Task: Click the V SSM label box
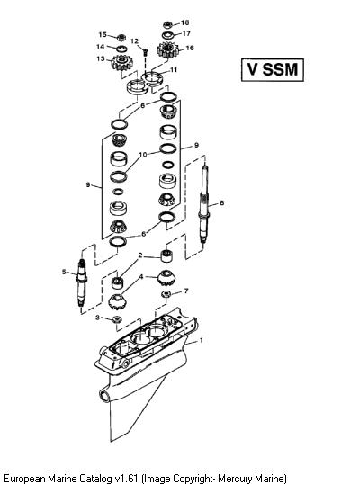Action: [x=273, y=70]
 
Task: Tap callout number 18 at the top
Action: [x=184, y=22]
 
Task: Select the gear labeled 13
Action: [x=120, y=62]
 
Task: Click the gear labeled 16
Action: [x=167, y=50]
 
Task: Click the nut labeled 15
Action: [x=121, y=38]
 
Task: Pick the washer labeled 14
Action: [x=121, y=49]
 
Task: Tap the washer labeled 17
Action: [x=168, y=34]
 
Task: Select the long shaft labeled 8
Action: [x=204, y=204]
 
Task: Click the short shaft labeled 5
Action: [x=82, y=282]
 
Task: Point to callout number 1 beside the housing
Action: [x=202, y=340]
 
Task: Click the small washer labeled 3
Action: [x=116, y=319]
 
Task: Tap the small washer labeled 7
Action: [x=166, y=293]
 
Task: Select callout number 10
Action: [x=143, y=155]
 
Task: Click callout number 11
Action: [x=174, y=70]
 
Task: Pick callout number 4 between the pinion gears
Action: [x=141, y=276]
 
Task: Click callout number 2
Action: [x=140, y=255]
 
